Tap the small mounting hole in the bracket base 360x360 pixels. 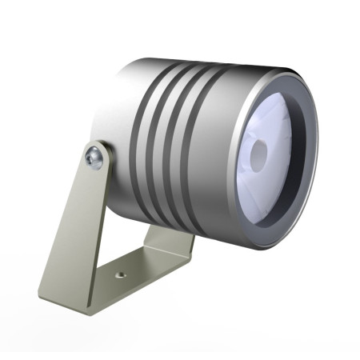(121, 274)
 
